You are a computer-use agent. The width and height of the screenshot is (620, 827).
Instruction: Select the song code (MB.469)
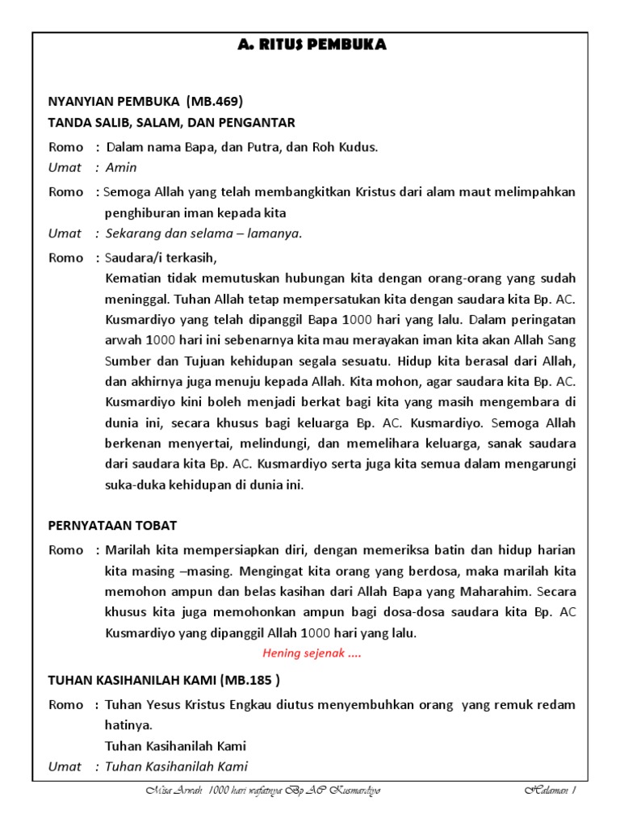(214, 102)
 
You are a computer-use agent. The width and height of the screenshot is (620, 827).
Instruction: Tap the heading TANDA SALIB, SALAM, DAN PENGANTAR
(172, 123)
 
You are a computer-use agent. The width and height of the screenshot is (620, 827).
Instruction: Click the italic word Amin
(121, 168)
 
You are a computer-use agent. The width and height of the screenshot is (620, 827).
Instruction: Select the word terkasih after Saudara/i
(192, 258)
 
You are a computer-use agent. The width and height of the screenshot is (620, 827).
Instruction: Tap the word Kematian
(133, 279)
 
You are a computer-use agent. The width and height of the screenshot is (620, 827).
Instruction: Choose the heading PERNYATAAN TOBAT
(112, 526)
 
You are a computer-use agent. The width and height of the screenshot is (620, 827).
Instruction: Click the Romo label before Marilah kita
(65, 551)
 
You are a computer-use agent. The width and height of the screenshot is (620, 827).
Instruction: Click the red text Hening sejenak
(312, 654)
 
